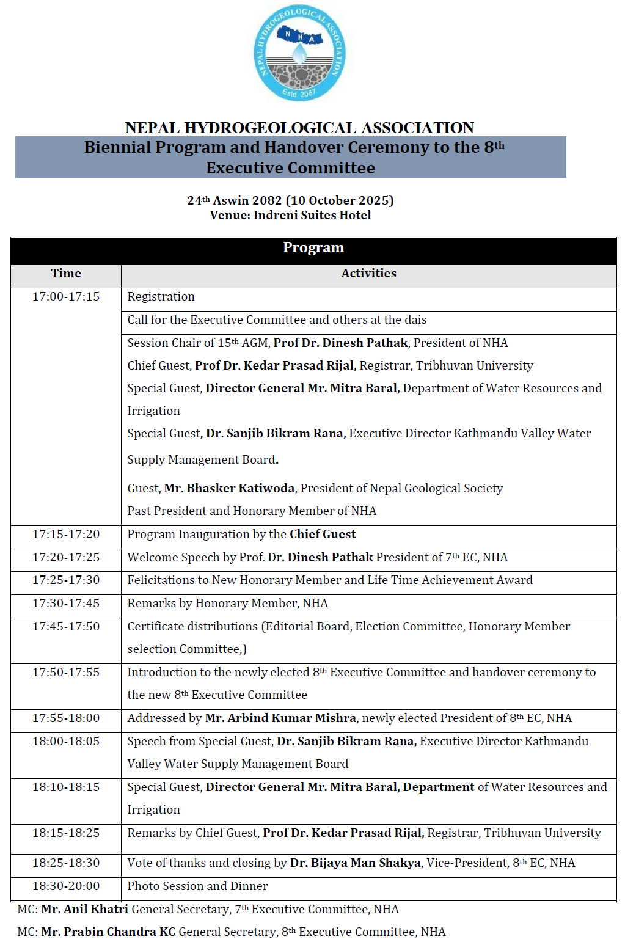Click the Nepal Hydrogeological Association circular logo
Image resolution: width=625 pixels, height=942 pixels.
(299, 53)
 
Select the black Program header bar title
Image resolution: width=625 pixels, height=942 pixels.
(313, 248)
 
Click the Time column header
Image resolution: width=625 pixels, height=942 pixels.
(66, 274)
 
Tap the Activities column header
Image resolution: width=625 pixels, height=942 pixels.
(368, 274)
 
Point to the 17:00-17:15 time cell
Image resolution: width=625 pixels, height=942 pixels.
(66, 297)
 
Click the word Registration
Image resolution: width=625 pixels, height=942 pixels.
(161, 297)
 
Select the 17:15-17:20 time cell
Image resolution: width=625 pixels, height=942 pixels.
(66, 535)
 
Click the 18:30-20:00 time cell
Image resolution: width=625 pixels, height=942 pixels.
(66, 886)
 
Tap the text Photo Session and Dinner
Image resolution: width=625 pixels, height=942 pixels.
(197, 886)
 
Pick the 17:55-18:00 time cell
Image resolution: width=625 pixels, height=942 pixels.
(66, 718)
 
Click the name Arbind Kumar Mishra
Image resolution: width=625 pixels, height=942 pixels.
(280, 718)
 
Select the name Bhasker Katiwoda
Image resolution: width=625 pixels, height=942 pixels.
(230, 489)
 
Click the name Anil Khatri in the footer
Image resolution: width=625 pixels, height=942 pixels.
(84, 910)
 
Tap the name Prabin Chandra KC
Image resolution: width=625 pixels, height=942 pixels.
(108, 932)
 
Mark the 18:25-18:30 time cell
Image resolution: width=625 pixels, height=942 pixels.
(66, 863)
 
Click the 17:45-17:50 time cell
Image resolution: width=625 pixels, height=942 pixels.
(66, 627)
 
